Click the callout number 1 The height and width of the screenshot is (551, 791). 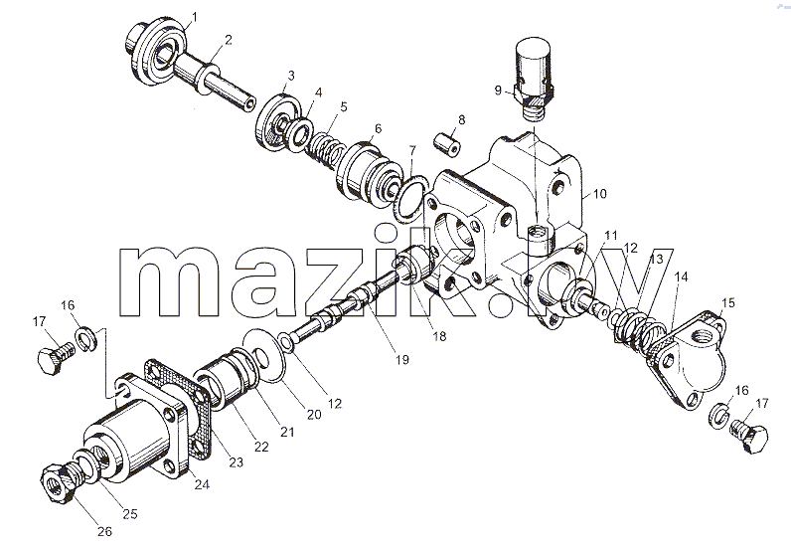coord(194,18)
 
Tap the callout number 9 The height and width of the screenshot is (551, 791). coord(498,91)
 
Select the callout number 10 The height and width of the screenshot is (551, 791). coord(600,194)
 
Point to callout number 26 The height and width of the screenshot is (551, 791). coord(104,531)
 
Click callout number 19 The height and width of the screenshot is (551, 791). coord(402,360)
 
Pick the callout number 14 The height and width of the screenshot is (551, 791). coord(681,276)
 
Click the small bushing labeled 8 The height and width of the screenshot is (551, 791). coord(447,143)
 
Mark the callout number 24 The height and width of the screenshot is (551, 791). coord(202,484)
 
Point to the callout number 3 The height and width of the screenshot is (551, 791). coord(291,76)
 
